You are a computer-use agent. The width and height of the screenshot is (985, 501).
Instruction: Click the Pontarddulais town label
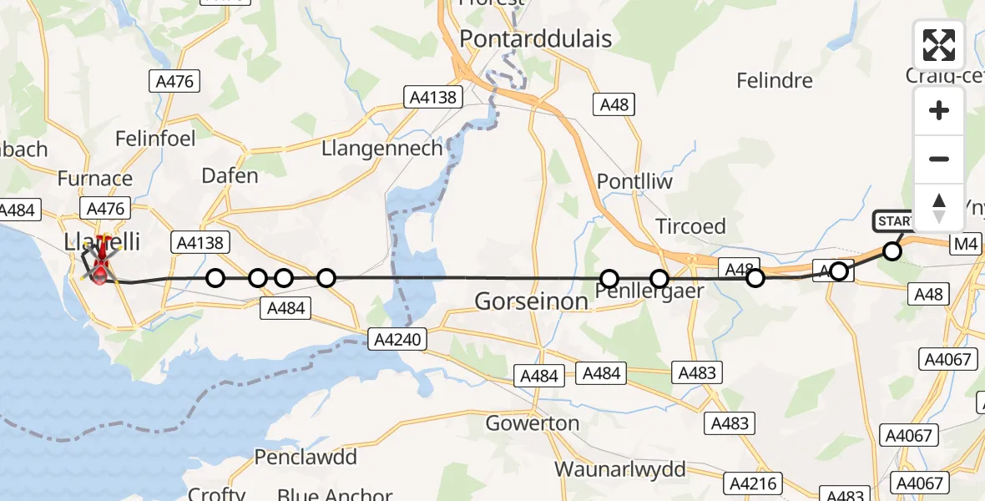point(535,38)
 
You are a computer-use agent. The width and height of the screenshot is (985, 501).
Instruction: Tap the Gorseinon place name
point(531,301)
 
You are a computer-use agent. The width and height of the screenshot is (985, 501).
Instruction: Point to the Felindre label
point(775,81)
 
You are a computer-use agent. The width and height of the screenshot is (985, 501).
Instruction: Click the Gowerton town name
point(533,423)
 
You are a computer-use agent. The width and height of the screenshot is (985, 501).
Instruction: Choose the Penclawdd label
point(306,458)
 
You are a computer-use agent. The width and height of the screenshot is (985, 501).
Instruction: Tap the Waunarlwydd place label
point(619,468)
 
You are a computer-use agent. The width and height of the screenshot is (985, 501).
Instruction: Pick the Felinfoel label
point(155,137)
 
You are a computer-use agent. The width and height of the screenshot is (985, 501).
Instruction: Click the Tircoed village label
point(690,226)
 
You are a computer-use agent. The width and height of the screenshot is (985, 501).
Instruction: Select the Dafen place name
point(230,176)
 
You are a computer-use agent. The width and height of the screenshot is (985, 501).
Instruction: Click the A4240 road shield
point(397,338)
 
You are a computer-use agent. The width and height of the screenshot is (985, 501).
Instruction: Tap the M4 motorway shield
point(965,244)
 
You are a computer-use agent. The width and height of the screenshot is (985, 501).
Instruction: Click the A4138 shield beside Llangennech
point(432,97)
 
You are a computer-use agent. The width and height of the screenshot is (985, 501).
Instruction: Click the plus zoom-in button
point(939,111)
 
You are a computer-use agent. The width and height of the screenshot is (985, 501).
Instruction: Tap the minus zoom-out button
point(939,159)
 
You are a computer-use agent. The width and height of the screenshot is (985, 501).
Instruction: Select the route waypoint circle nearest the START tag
point(892,251)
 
